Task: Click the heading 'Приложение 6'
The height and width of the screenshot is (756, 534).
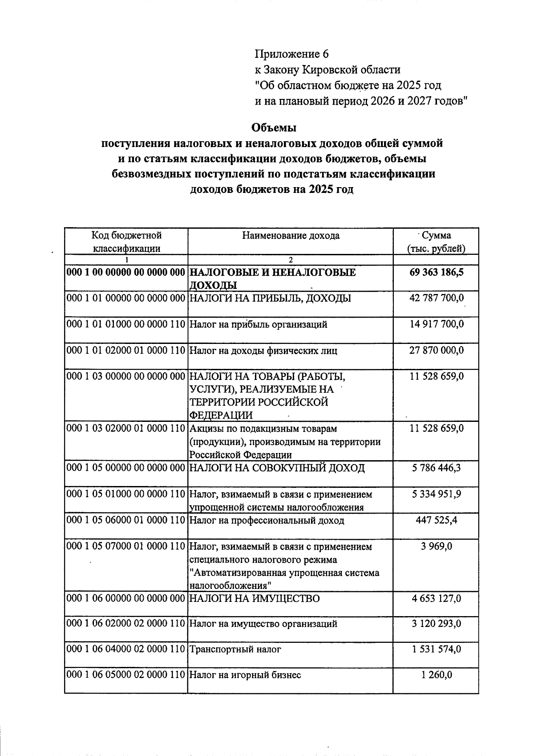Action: [x=291, y=54]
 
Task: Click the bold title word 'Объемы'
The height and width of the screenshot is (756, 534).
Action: [x=274, y=127]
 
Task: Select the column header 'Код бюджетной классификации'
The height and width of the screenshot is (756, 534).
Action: [x=126, y=241]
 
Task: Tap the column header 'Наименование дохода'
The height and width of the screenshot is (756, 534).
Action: [x=291, y=235]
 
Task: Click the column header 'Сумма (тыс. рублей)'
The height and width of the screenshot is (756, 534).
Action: [x=436, y=241]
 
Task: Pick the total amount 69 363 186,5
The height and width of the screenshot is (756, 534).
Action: [x=436, y=272]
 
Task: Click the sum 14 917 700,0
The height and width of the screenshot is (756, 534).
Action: [x=436, y=324]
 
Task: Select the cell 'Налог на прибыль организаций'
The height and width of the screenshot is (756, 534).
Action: [x=259, y=324]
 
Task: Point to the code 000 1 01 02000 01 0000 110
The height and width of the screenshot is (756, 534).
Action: [x=125, y=351]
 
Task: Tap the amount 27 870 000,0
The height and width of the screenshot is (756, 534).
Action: [x=436, y=351]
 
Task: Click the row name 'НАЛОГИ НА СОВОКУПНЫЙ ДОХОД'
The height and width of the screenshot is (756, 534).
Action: [x=277, y=468]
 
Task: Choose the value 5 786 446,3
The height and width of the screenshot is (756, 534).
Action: [x=436, y=468]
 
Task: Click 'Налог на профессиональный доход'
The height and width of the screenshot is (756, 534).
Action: [x=267, y=520]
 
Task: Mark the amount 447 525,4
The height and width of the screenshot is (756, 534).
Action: [x=436, y=520]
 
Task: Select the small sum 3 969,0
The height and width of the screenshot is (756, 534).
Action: [x=436, y=546]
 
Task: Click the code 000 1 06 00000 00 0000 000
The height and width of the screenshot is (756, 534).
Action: [x=125, y=598]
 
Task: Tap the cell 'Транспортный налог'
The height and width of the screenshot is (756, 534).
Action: [x=235, y=650]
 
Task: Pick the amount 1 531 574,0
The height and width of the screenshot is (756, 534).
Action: [x=436, y=650]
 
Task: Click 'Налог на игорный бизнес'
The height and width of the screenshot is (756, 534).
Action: [x=245, y=675]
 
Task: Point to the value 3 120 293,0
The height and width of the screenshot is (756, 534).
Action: [x=436, y=624]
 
